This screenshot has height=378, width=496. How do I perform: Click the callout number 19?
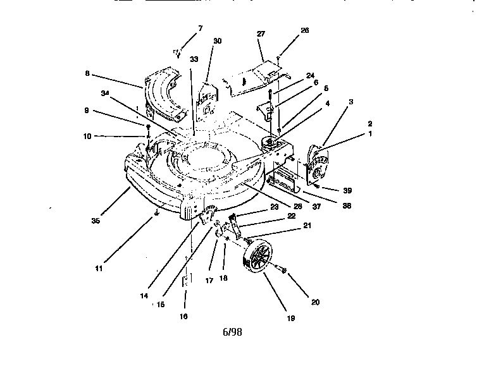(x=290, y=318)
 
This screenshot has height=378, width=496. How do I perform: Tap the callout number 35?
(x=96, y=221)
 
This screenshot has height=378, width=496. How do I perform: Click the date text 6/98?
(x=232, y=332)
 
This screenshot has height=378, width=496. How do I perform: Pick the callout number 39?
(x=347, y=190)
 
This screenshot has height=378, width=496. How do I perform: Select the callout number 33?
(x=194, y=59)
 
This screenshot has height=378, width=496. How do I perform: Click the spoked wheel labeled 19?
(x=259, y=260)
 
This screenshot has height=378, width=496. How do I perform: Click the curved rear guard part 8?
(x=164, y=95)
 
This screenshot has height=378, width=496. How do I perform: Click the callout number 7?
(x=201, y=28)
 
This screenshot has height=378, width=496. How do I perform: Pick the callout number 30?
(x=217, y=40)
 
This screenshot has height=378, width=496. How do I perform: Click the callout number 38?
(x=346, y=205)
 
